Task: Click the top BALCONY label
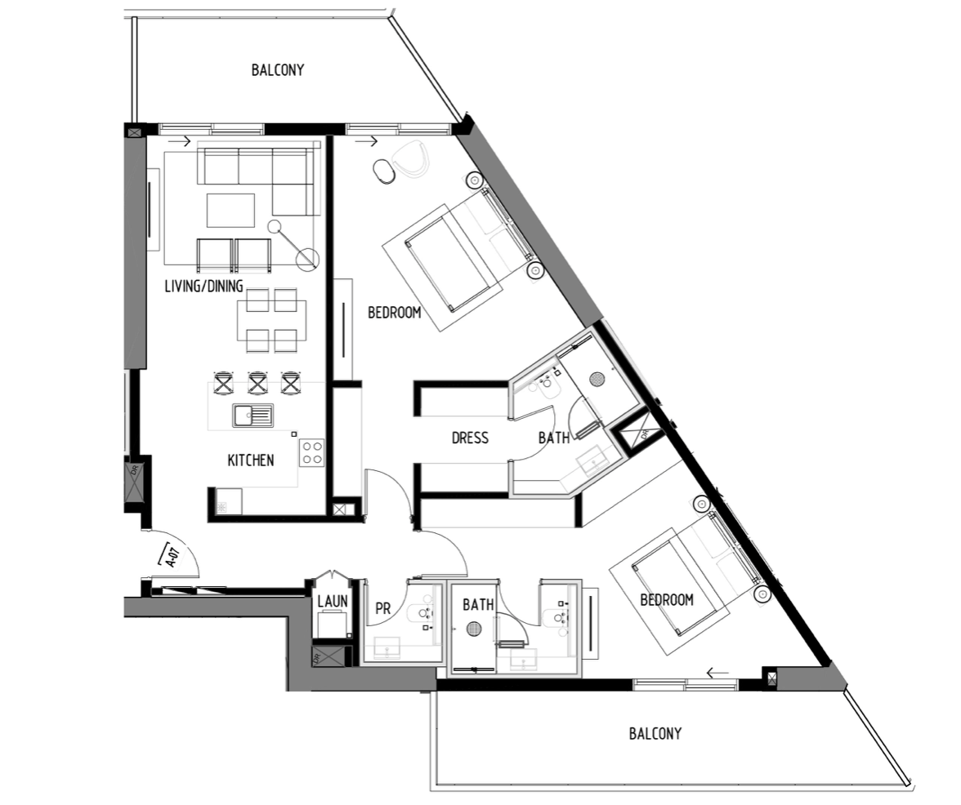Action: pyautogui.click(x=278, y=69)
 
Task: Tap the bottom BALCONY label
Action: pyautogui.click(x=655, y=733)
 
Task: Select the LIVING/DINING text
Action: pyautogui.click(x=204, y=286)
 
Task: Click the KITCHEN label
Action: pyautogui.click(x=251, y=460)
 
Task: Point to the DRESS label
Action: pyautogui.click(x=470, y=438)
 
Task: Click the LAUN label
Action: pyautogui.click(x=333, y=601)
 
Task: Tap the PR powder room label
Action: pyautogui.click(x=382, y=609)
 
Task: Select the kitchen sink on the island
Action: pyautogui.click(x=253, y=416)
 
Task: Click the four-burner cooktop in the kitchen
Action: pyautogui.click(x=311, y=452)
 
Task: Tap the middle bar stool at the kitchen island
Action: pyautogui.click(x=258, y=383)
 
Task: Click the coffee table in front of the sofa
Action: pyautogui.click(x=230, y=210)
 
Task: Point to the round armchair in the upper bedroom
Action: pyautogui.click(x=410, y=158)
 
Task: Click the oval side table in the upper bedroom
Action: pyautogui.click(x=384, y=171)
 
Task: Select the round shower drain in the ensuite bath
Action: pyautogui.click(x=597, y=379)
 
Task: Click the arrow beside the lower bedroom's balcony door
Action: pyautogui.click(x=717, y=674)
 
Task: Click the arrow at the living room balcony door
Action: pyautogui.click(x=180, y=142)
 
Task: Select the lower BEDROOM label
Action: pyautogui.click(x=667, y=599)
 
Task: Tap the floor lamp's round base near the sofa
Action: pyautogui.click(x=307, y=260)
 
